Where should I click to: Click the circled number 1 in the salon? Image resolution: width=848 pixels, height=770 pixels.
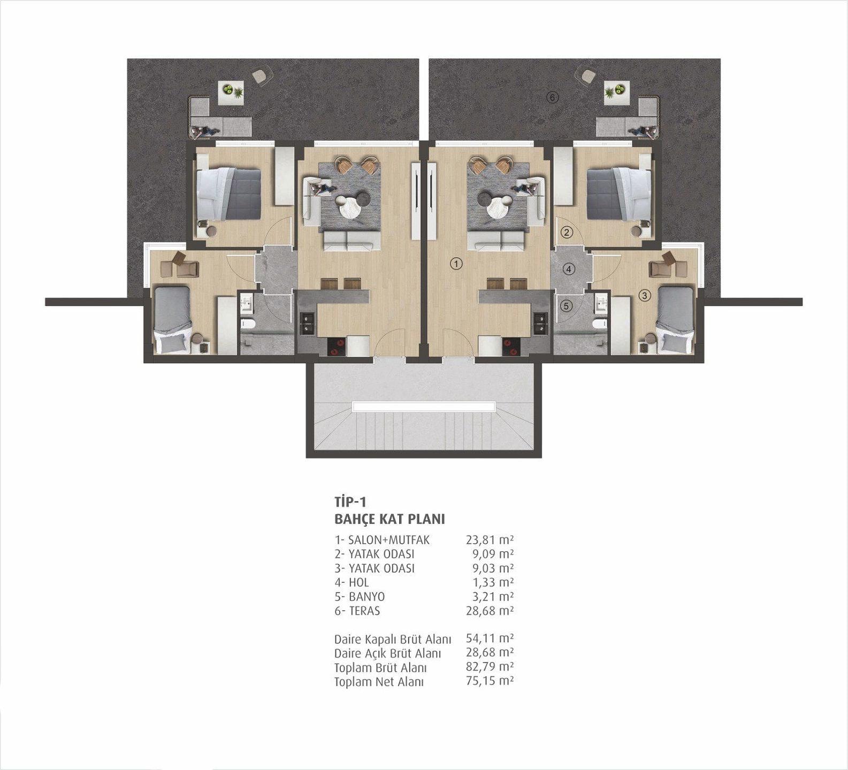coord(456,263)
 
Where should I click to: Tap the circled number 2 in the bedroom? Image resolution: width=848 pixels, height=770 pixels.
coord(567,232)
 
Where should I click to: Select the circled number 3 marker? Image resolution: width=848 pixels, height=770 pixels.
coord(645,295)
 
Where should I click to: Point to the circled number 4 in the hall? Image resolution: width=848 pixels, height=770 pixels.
coord(569,269)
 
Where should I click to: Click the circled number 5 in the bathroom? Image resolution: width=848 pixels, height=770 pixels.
coord(567,306)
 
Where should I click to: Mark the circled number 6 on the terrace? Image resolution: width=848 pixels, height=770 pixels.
coord(553,97)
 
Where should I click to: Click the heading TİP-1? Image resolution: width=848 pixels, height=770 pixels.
coord(350,502)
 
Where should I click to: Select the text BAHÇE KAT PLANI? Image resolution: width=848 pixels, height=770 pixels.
coord(389,519)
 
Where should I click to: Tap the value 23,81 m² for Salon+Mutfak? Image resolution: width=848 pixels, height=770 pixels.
coord(490,540)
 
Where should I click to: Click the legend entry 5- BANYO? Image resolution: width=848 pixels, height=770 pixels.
coord(360,597)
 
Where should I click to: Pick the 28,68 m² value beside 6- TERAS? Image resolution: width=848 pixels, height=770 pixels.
coord(490,611)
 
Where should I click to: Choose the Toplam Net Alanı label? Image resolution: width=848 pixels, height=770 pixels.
coord(379,682)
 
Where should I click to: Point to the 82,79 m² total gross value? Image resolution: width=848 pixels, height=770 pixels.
coord(490,667)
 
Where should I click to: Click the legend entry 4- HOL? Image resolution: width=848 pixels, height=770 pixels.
coord(352,582)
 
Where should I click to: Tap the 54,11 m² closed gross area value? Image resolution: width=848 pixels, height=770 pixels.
coord(490,638)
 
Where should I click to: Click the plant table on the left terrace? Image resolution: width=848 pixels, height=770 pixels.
coord(231,93)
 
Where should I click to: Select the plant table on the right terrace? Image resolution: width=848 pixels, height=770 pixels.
coord(617,93)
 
